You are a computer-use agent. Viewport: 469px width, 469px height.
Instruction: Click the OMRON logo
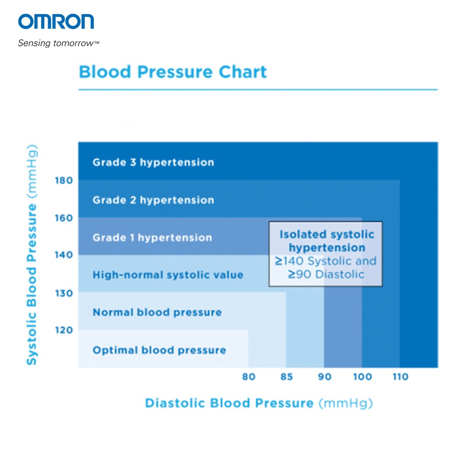(x=56, y=22)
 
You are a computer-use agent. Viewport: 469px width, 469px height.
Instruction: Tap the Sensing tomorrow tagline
(x=59, y=44)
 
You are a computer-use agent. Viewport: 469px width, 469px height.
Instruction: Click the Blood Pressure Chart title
(x=173, y=72)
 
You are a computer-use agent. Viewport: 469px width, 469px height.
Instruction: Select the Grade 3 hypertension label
(x=153, y=163)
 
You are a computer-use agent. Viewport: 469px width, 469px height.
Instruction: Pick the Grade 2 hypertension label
(x=153, y=200)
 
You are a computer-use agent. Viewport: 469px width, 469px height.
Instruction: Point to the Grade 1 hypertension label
(x=152, y=238)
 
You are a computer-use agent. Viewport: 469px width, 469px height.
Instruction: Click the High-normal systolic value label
(x=168, y=275)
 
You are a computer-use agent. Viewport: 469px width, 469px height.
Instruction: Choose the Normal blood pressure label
(x=157, y=313)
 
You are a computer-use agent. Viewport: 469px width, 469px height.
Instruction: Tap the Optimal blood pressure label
(x=159, y=350)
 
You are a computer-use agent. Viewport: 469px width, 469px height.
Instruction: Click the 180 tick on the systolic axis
(x=64, y=180)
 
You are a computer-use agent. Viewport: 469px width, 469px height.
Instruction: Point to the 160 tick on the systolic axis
(x=64, y=218)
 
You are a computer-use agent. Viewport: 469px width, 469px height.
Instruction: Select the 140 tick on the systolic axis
(x=64, y=255)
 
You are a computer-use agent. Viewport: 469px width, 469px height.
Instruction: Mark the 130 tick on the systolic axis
(x=64, y=293)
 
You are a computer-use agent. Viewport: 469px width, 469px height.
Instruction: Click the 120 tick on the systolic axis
(x=64, y=330)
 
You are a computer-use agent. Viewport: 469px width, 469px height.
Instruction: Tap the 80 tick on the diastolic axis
(x=248, y=377)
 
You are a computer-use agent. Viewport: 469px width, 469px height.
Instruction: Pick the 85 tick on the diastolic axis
(x=286, y=377)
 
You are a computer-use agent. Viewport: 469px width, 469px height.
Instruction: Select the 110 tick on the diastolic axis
(x=400, y=377)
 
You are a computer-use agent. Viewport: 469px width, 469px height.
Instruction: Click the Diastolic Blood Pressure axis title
(x=259, y=404)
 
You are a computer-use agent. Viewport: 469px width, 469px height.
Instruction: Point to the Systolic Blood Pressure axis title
(x=31, y=255)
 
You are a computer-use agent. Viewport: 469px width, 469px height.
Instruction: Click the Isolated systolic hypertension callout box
(x=326, y=254)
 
